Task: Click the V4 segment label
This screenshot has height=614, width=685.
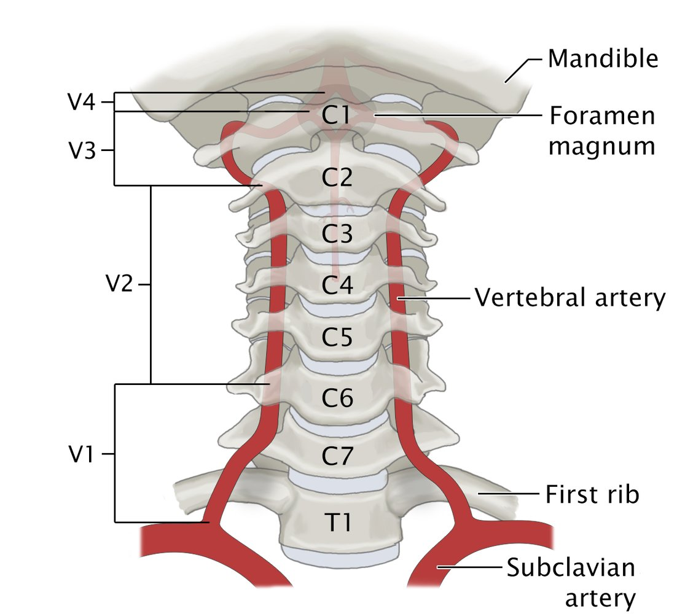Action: pos(82,102)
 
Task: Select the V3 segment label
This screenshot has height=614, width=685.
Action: pos(82,150)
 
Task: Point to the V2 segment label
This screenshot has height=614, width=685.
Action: pos(119,285)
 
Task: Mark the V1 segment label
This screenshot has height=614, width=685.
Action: pos(82,455)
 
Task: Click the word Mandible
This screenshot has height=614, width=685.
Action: pos(603,59)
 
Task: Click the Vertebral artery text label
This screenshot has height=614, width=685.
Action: pos(570,298)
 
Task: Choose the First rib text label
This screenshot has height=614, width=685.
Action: pos(592,494)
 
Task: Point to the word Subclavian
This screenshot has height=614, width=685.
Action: pos(570,568)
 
